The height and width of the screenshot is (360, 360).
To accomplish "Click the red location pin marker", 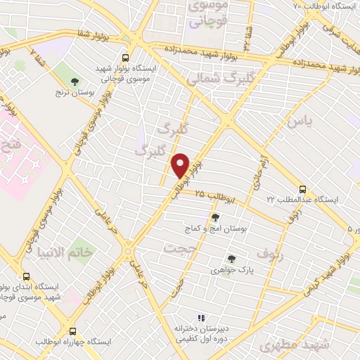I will pos(181,166).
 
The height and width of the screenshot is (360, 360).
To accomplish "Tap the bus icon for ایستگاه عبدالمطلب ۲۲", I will pos(302,188).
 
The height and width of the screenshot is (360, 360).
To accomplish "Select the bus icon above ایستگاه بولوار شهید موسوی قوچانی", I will pos(125,58).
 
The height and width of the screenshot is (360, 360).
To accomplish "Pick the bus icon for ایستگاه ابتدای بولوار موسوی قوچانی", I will pos(26,276).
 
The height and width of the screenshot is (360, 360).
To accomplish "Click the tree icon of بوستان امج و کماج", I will pos(215,217).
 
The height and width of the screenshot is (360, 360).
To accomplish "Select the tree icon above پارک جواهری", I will pos(231,259).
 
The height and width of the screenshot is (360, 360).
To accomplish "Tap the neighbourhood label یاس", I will pos(297,122).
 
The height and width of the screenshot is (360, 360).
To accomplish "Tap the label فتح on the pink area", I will pos(11,148).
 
